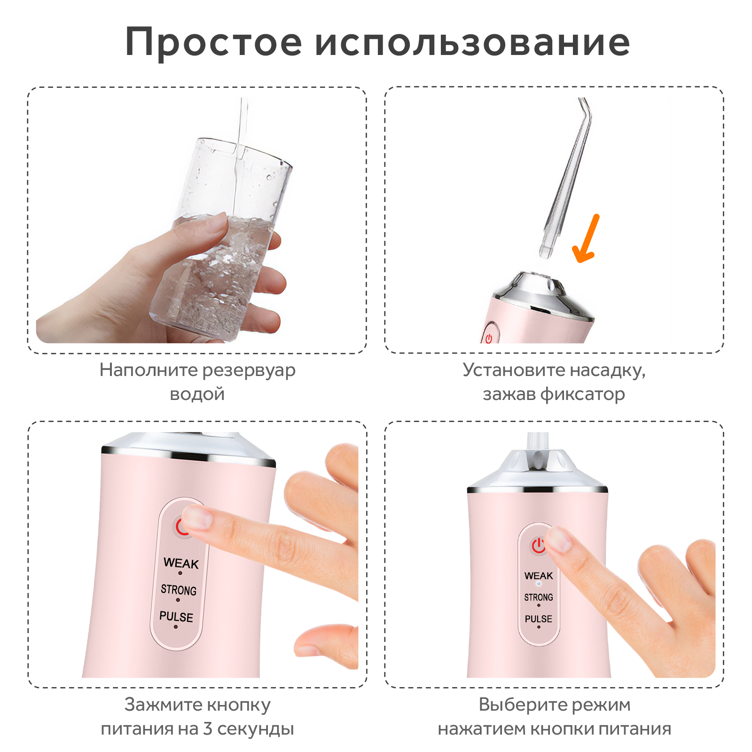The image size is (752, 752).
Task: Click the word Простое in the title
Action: tap(213, 43)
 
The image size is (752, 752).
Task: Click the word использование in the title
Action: tap(472, 43)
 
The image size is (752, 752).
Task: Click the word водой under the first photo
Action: tap(197, 394)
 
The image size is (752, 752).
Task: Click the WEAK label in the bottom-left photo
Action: tap(181, 563)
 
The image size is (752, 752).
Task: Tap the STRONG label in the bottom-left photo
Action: tap(179, 590)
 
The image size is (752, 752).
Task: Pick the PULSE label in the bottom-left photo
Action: tap(176, 617)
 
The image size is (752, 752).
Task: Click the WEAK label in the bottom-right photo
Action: tap(539, 576)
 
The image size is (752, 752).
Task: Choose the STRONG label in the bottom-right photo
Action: tap(539, 597)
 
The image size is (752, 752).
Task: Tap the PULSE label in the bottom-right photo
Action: tap(539, 619)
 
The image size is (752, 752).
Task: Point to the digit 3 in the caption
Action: tap(208, 729)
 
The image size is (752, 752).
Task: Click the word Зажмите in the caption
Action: tap(162, 705)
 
